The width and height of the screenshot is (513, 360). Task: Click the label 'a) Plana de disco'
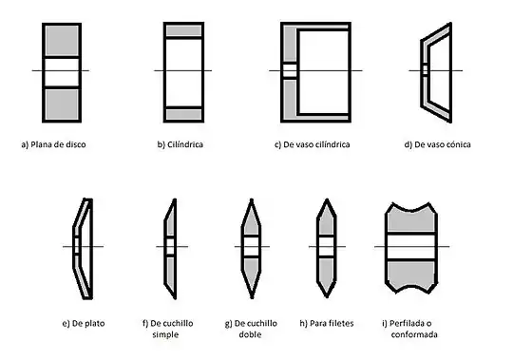pyautogui.click(x=53, y=144)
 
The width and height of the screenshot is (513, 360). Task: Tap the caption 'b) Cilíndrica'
pyautogui.click(x=180, y=144)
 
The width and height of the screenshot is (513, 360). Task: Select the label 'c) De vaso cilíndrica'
pyautogui.click(x=313, y=144)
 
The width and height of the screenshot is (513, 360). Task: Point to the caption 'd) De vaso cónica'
pyautogui.click(x=437, y=144)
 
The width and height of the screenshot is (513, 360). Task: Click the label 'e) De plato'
pyautogui.click(x=84, y=323)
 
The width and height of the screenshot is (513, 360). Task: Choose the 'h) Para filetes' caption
pyautogui.click(x=327, y=323)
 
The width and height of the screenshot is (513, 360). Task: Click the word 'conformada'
pyautogui.click(x=414, y=334)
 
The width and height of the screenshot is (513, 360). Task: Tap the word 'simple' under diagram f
pyautogui.click(x=165, y=334)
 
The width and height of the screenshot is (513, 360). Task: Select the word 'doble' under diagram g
pyautogui.click(x=250, y=334)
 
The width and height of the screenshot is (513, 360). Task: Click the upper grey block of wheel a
pyautogui.click(x=62, y=41)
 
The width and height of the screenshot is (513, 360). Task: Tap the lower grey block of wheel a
pyautogui.click(x=62, y=104)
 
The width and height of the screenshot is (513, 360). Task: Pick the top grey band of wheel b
pyautogui.click(x=183, y=30)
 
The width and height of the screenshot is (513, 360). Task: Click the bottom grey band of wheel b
pyautogui.click(x=183, y=114)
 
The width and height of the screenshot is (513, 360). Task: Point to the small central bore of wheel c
pyautogui.click(x=290, y=70)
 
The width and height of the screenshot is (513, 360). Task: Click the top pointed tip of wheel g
pyautogui.click(x=252, y=199)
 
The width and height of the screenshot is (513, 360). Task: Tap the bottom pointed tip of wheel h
pyautogui.click(x=327, y=296)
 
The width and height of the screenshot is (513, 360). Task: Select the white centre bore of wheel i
pyautogui.click(x=411, y=247)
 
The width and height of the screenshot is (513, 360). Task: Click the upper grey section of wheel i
pyautogui.click(x=411, y=222)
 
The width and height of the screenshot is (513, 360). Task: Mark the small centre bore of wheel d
pyautogui.click(x=425, y=70)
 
